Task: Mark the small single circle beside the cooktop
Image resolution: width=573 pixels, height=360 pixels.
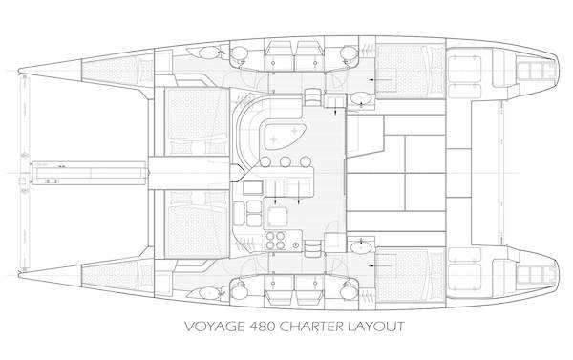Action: click(x=312, y=244)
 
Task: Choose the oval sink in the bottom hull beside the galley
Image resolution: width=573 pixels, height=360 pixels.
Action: click(x=360, y=247)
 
